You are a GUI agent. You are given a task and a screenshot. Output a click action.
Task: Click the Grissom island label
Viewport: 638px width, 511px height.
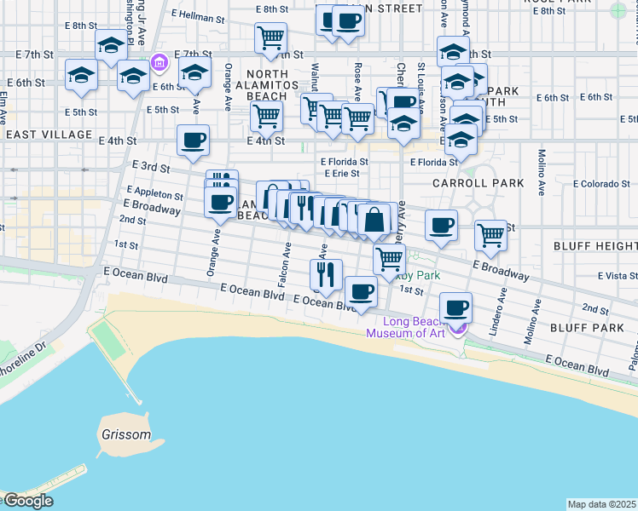132,434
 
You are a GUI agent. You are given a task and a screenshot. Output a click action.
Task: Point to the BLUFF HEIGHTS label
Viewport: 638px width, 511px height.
601,245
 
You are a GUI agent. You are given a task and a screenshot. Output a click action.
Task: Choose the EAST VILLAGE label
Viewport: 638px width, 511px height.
48,135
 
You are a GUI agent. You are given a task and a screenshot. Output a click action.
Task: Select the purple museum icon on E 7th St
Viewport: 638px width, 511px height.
158,62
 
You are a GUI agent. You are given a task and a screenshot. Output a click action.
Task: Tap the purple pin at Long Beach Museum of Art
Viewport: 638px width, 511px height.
459,328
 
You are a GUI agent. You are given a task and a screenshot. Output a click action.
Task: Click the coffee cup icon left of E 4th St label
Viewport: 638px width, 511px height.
193,140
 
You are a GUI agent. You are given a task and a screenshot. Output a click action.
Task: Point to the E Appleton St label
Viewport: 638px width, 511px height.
154,194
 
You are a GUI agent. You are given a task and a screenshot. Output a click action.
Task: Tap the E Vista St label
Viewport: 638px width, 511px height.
618,275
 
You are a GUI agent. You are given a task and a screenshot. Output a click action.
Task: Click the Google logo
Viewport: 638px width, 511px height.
27,501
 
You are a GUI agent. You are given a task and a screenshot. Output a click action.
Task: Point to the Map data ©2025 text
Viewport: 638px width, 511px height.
601,504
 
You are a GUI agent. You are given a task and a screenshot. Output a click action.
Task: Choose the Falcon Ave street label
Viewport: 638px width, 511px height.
286,259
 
